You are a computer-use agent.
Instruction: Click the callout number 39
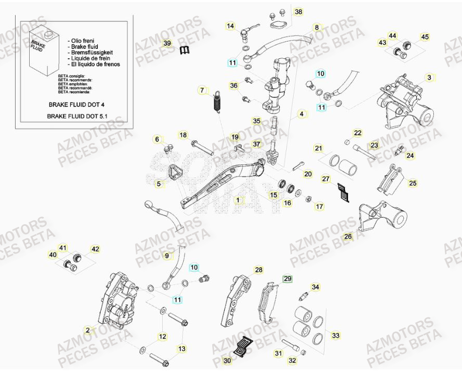166,43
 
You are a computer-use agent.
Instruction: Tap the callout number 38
298,11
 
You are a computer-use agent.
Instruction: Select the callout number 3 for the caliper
429,78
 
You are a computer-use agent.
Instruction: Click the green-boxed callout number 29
287,278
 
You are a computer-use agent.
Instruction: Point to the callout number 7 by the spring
202,91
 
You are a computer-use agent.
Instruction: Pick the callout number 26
348,237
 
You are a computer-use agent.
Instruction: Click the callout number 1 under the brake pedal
239,199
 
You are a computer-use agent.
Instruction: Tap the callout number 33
336,336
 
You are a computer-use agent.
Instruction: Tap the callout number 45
425,36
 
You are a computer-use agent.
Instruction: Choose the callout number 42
95,249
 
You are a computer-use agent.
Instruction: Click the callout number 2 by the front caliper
88,330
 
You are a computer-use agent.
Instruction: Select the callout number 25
413,183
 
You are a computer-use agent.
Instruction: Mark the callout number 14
230,25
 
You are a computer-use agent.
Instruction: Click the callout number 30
227,360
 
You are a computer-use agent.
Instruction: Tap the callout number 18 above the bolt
183,135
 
